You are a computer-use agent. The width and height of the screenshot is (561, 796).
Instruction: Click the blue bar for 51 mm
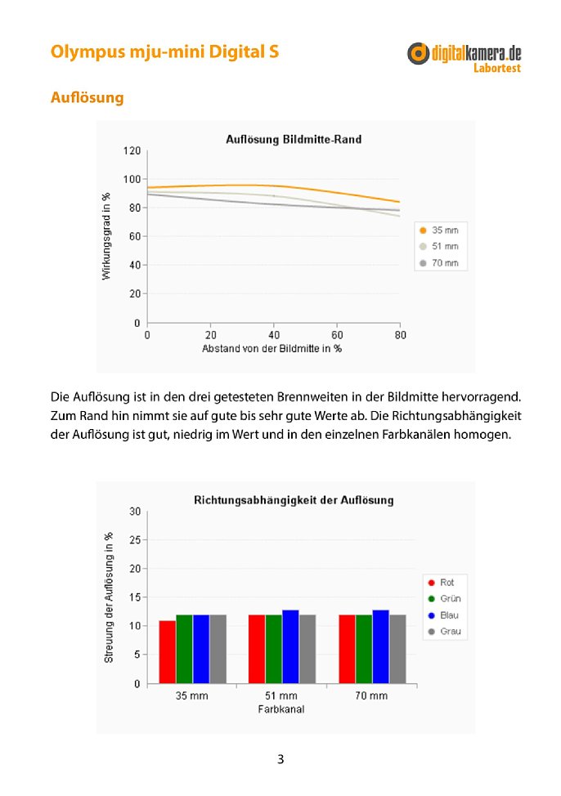pyautogui.click(x=290, y=646)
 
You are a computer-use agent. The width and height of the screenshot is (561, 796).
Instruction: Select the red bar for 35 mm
pyautogui.click(x=168, y=652)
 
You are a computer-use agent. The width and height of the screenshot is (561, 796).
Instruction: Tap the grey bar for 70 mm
pyautogui.click(x=398, y=649)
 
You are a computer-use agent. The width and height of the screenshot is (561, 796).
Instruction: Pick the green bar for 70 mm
pyautogui.click(x=364, y=649)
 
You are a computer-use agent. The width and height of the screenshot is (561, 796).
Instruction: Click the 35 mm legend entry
pyautogui.click(x=439, y=230)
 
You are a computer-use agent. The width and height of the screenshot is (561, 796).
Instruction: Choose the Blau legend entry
pyautogui.click(x=443, y=615)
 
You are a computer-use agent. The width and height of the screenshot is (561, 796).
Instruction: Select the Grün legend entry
pyautogui.click(x=445, y=598)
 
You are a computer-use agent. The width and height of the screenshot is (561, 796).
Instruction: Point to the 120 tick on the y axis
pyautogui.click(x=132, y=150)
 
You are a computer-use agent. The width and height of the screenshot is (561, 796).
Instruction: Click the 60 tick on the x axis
pyautogui.click(x=337, y=335)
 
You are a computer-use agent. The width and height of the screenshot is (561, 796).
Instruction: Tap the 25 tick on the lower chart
pyautogui.click(x=135, y=540)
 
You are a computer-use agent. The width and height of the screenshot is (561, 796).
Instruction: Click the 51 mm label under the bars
pyautogui.click(x=281, y=696)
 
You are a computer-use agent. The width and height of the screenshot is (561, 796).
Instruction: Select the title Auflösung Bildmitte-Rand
pyautogui.click(x=294, y=140)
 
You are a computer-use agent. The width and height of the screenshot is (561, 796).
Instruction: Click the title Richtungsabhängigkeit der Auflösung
pyautogui.click(x=294, y=500)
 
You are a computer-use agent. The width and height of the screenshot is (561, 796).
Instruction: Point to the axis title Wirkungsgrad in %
pyautogui.click(x=106, y=236)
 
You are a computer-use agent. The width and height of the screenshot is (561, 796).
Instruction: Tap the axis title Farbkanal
pyautogui.click(x=281, y=709)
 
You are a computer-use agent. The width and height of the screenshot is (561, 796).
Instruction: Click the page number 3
pyautogui.click(x=280, y=759)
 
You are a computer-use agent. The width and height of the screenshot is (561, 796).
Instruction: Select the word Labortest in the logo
pyautogui.click(x=497, y=68)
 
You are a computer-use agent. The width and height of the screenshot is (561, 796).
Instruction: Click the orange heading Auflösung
pyautogui.click(x=87, y=97)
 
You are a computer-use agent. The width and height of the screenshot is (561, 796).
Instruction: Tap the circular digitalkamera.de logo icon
pyautogui.click(x=418, y=53)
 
